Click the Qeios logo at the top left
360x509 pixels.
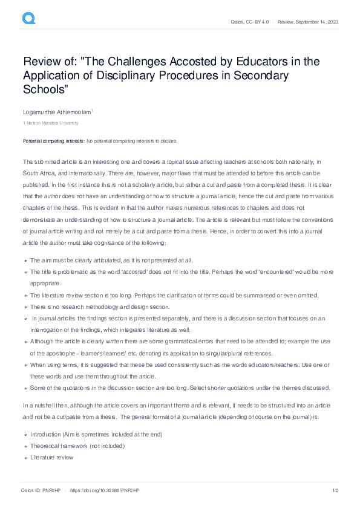click(29, 19)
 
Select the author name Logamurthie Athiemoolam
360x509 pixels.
click(57, 112)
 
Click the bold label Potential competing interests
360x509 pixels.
click(54, 141)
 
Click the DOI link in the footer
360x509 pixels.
click(102, 490)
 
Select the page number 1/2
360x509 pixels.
click(334, 490)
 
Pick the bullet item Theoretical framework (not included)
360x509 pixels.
click(77, 446)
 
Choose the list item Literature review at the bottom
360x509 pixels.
click(52, 458)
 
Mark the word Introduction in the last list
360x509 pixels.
click(46, 434)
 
